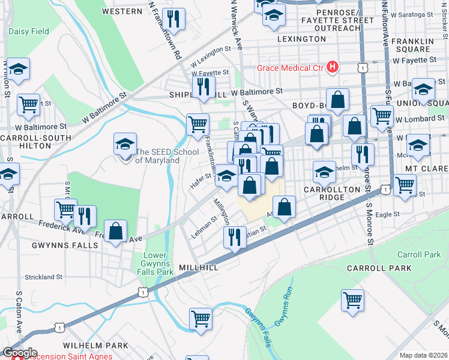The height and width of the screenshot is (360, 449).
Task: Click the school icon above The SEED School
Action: pos(125,144)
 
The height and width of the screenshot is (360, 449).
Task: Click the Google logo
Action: pos(19,353)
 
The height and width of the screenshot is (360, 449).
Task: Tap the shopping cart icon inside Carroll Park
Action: pos(352,299)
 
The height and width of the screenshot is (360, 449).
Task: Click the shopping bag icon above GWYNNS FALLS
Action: pos(115,231)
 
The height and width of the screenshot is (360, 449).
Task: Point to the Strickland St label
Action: pos(43,277)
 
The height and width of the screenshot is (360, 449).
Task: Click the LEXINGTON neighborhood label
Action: pos(302,39)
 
